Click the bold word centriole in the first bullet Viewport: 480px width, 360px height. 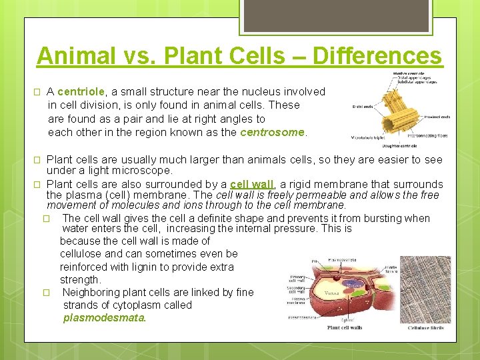click(81, 91)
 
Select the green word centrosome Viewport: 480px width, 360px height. click(272, 132)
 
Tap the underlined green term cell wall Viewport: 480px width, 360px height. click(251, 184)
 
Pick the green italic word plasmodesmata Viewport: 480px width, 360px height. click(104, 318)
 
